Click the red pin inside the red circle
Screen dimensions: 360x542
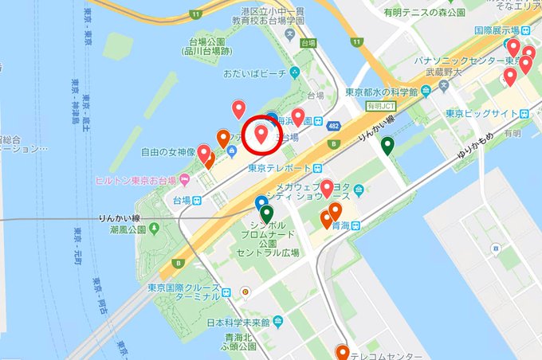tap(261, 133)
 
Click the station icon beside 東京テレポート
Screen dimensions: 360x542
tap(318, 168)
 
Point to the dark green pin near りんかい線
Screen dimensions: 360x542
tap(387, 146)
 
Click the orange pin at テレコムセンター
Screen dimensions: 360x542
tap(342, 351)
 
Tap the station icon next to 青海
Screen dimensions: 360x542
tap(356, 225)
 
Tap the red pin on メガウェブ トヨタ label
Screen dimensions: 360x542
tap(327, 189)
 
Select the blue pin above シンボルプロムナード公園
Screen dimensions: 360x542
tap(261, 202)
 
